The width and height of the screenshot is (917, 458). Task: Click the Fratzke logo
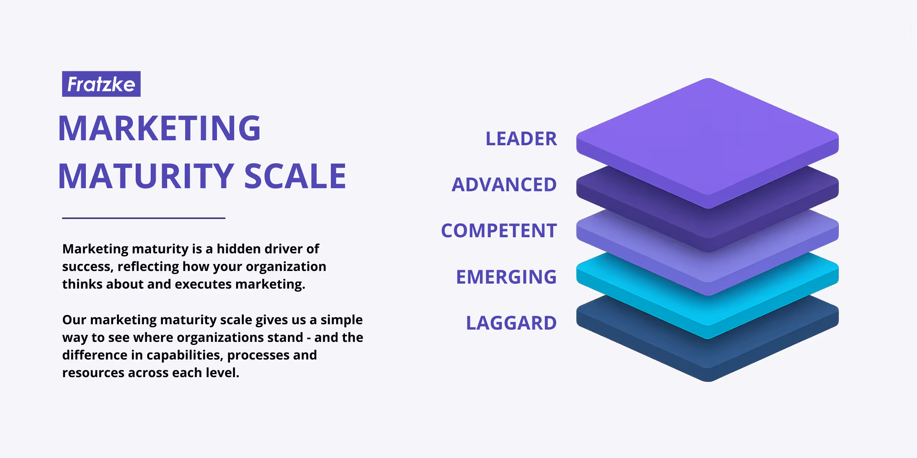click(x=101, y=84)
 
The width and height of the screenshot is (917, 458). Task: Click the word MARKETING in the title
click(x=159, y=128)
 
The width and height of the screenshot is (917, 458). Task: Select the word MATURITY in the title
click(x=146, y=176)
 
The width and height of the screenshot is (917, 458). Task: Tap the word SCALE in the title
click(x=295, y=176)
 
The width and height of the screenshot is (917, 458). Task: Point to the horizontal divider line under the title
click(x=144, y=218)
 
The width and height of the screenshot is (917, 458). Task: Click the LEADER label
click(x=521, y=139)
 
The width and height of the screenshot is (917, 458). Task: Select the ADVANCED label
click(x=504, y=185)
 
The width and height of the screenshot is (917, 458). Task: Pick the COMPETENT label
click(x=499, y=231)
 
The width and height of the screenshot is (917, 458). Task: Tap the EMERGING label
click(x=506, y=277)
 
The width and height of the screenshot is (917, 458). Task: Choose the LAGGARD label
click(x=511, y=323)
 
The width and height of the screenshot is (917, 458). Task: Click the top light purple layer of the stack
click(x=708, y=138)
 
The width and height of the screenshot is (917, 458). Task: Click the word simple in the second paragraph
click(x=341, y=320)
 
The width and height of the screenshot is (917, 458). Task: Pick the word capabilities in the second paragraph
click(x=184, y=355)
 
